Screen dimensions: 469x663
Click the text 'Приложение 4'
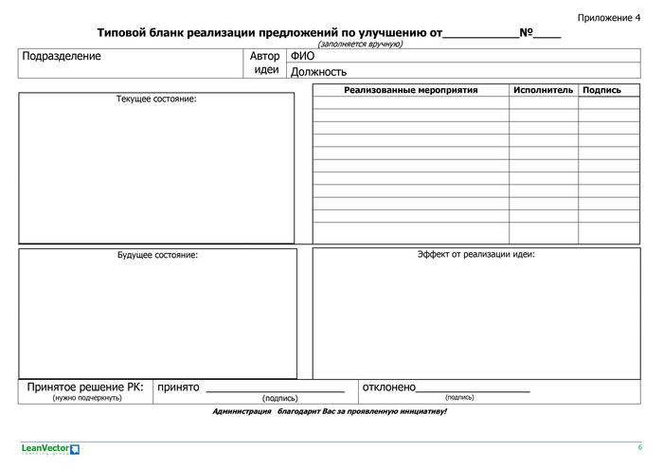click(x=608, y=18)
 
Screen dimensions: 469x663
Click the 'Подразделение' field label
click(x=62, y=57)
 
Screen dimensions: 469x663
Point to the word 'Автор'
click(x=265, y=56)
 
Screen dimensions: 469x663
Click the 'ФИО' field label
click(x=302, y=56)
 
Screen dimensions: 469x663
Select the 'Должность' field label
click(x=318, y=71)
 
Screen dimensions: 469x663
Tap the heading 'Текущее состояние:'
click(x=156, y=99)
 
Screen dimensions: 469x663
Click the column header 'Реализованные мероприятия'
click(x=411, y=90)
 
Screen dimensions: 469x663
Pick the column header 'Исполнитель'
click(x=544, y=90)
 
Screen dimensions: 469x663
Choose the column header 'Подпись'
click(x=602, y=90)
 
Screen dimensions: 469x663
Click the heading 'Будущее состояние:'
click(x=157, y=255)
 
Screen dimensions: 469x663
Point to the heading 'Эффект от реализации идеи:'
click(x=476, y=254)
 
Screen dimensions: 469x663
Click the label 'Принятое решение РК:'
click(x=85, y=387)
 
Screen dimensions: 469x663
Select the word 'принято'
click(x=178, y=388)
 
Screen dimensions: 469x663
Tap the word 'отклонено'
click(x=389, y=388)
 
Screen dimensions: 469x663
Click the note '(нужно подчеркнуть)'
click(x=86, y=398)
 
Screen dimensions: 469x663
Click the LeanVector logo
click(x=50, y=449)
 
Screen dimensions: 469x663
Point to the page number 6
click(x=639, y=447)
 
